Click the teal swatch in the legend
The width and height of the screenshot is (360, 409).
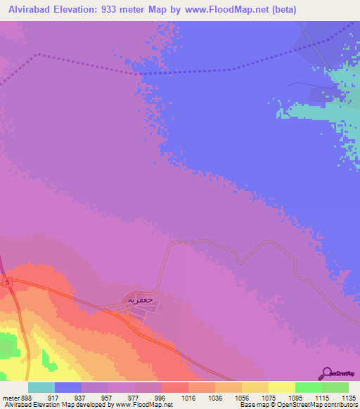click(41, 387)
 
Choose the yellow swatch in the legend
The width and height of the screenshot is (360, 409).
click(281, 387)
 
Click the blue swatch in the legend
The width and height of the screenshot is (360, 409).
click(68, 387)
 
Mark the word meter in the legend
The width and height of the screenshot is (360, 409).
click(10, 397)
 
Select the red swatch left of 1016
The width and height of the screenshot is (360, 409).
click(175, 387)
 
